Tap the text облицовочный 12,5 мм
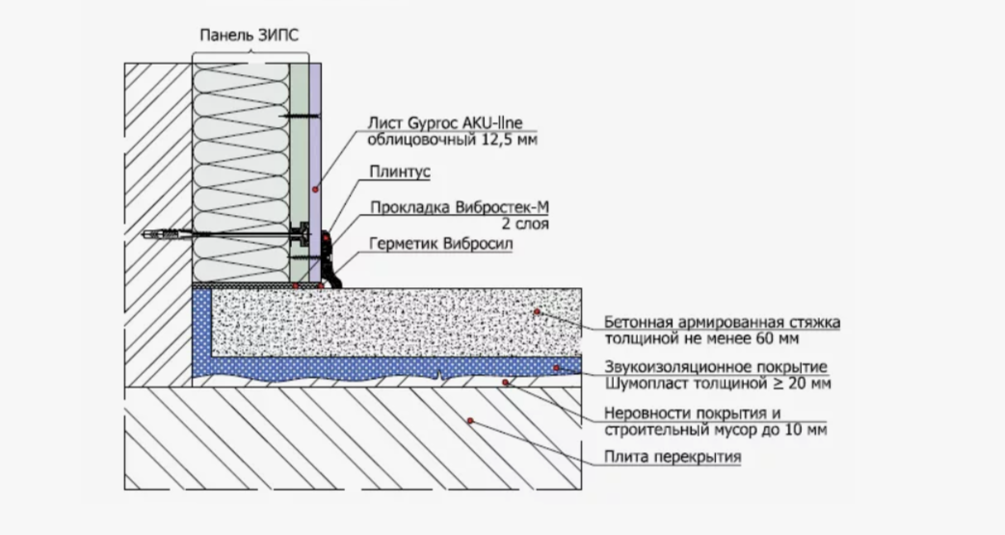[x=451, y=141]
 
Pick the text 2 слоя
[x=526, y=225]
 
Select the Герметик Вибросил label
[x=438, y=244]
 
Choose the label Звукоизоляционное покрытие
[x=718, y=367]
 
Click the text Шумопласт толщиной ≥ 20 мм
[x=718, y=384]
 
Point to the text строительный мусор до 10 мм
[x=715, y=430]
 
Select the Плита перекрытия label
[x=673, y=458]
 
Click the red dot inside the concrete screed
[x=536, y=312]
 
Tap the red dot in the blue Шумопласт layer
[x=557, y=367]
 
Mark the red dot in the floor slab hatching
[x=469, y=421]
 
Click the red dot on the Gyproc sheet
[x=314, y=190]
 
